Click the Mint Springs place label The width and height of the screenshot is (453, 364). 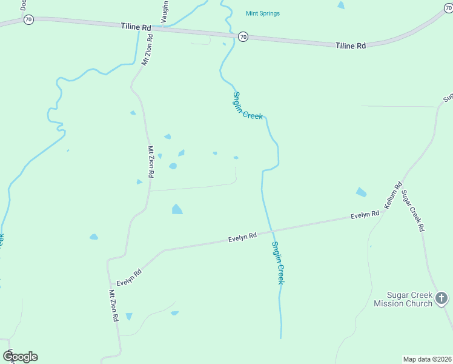[263, 13]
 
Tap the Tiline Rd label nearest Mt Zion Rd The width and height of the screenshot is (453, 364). [136, 27]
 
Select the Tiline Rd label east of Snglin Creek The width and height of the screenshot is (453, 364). [351, 45]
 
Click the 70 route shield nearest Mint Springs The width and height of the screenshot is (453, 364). [243, 37]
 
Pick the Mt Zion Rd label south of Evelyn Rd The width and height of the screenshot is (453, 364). [113, 305]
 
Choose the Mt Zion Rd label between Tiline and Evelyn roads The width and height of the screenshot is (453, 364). [151, 161]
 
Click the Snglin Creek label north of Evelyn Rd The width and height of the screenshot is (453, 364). [248, 106]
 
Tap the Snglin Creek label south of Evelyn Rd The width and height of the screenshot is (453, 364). [277, 263]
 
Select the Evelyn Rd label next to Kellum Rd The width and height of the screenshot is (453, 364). [365, 215]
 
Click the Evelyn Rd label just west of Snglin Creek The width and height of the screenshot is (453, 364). [242, 237]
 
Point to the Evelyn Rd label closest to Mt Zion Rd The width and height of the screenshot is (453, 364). [129, 278]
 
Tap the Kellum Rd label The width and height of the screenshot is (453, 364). [393, 194]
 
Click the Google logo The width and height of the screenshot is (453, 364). [20, 357]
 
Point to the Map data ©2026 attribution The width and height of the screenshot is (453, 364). [427, 359]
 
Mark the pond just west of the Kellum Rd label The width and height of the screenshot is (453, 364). [361, 192]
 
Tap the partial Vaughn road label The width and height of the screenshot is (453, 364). [164, 12]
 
